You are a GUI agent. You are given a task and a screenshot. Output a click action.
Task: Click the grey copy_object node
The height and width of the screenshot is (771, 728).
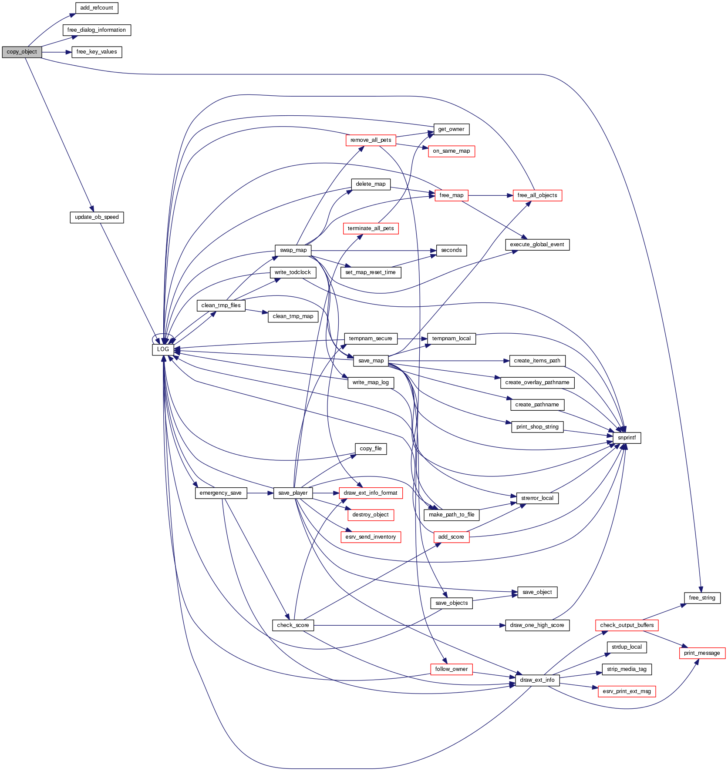click(22, 52)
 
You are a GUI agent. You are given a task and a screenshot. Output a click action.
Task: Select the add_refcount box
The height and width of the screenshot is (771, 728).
click(97, 8)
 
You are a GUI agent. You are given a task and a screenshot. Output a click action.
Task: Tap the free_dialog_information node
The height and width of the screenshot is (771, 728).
click(97, 30)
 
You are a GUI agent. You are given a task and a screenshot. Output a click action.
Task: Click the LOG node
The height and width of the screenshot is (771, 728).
click(163, 349)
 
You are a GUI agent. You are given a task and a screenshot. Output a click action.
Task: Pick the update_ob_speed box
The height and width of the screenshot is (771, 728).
click(97, 217)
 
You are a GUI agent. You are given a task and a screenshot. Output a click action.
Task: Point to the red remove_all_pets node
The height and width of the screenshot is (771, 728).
click(371, 140)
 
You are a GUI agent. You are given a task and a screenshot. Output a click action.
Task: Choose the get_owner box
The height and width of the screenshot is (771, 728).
click(451, 129)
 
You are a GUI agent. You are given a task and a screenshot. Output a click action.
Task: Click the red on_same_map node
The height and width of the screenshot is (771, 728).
click(451, 151)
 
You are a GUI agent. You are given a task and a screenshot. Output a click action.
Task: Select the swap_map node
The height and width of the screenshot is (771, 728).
click(293, 250)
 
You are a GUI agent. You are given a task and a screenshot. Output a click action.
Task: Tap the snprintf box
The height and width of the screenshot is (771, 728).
click(627, 438)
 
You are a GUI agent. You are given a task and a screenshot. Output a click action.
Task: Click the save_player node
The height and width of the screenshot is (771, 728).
click(293, 493)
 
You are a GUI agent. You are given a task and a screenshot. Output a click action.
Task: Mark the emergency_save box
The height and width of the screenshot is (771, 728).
click(221, 493)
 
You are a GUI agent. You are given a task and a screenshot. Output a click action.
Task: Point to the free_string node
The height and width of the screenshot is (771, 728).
click(702, 598)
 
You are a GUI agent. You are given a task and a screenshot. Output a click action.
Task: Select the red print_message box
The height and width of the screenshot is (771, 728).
click(702, 653)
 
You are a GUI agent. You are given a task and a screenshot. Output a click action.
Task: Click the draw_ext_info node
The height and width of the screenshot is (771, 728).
click(537, 680)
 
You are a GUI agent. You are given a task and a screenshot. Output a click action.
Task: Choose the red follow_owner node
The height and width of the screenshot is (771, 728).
click(451, 669)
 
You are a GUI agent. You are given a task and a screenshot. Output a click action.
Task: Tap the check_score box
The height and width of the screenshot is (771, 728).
click(293, 625)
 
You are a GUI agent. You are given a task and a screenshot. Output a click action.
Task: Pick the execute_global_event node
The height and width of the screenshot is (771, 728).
click(537, 245)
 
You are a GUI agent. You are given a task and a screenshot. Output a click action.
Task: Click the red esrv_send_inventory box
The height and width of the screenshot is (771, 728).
click(371, 537)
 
